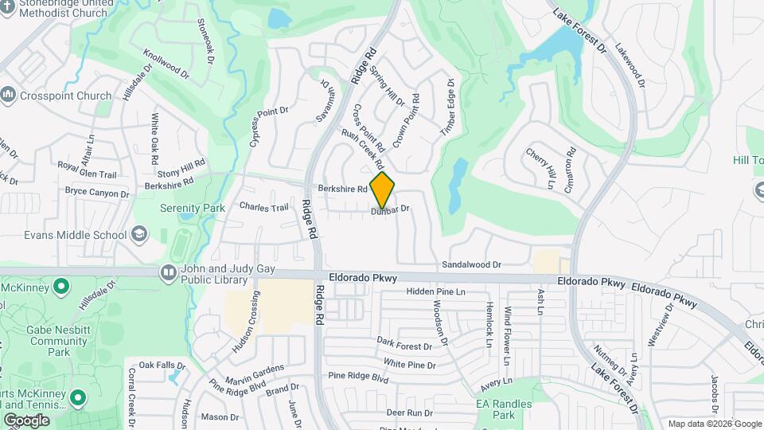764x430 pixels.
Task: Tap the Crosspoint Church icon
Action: coord(9,96)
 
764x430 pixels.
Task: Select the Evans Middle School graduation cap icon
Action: coord(139,234)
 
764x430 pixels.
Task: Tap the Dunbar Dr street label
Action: coord(390,209)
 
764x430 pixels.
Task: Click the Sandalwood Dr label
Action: coord(472,264)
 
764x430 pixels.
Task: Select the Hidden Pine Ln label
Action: coord(435,292)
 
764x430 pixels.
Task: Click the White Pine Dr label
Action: coord(410,365)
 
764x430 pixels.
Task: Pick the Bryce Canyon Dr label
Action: coord(96,193)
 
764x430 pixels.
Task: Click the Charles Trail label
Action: coord(263,207)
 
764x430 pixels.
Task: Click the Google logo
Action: coord(26,420)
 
